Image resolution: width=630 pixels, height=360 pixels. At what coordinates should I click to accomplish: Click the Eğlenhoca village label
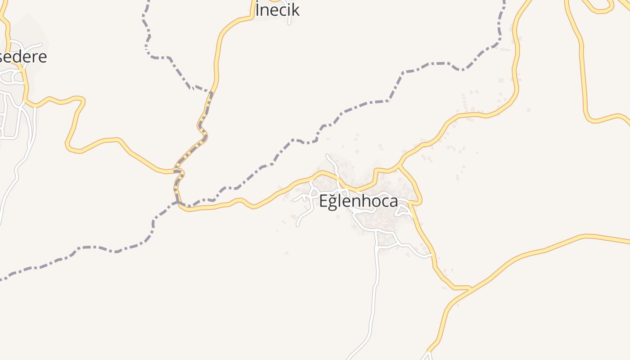pyautogui.click(x=359, y=201)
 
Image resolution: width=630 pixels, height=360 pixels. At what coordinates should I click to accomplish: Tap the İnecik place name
pyautogui.click(x=277, y=10)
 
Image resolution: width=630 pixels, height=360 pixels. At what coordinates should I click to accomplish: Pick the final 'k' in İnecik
pyautogui.click(x=295, y=10)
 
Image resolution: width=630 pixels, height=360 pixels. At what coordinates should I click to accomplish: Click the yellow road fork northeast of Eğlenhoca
pyautogui.click(x=400, y=166)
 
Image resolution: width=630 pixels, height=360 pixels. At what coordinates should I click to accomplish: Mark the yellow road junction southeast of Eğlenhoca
pyautogui.click(x=469, y=288)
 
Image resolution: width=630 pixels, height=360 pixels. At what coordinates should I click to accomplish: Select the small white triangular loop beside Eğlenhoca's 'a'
pyautogui.click(x=403, y=210)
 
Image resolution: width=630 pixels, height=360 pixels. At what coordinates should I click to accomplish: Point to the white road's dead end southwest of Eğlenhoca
pyautogui.click(x=297, y=225)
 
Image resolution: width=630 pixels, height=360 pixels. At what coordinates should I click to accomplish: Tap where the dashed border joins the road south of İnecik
pyautogui.click(x=211, y=93)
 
